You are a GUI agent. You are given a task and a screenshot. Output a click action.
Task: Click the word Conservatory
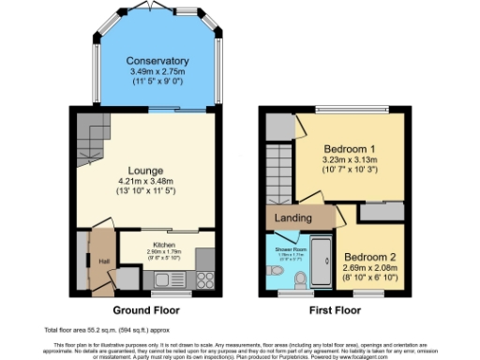click(x=157, y=62)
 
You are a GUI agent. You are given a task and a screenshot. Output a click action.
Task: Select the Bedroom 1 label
click(x=351, y=150)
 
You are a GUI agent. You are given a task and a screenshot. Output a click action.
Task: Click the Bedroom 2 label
click(x=368, y=256)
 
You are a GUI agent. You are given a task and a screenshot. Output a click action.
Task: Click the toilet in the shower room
click(x=299, y=280)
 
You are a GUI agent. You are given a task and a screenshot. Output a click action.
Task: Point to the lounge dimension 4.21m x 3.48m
click(x=147, y=181)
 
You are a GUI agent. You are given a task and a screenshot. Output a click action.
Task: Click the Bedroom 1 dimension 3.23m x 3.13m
click(x=351, y=161)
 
